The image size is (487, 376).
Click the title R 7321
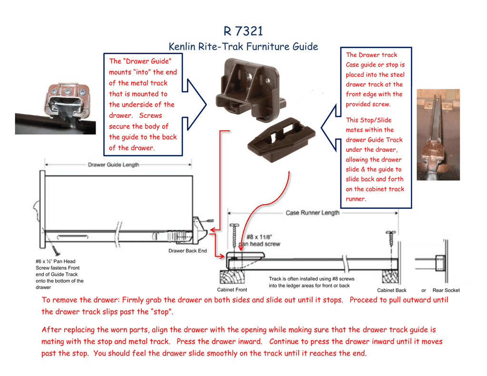point(243,31)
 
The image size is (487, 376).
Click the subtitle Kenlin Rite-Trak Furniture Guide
point(243,47)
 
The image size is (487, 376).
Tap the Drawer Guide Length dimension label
point(113,165)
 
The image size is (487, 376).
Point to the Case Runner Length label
point(312,212)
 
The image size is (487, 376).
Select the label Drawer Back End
point(187,251)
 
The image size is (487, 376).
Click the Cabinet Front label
point(232,289)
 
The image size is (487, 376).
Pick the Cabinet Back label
point(391,290)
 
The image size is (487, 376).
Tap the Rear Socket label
point(446,290)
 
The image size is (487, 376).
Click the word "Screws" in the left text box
point(150,116)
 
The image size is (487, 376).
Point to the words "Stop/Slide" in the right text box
point(375,120)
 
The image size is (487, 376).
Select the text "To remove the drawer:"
point(80,300)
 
